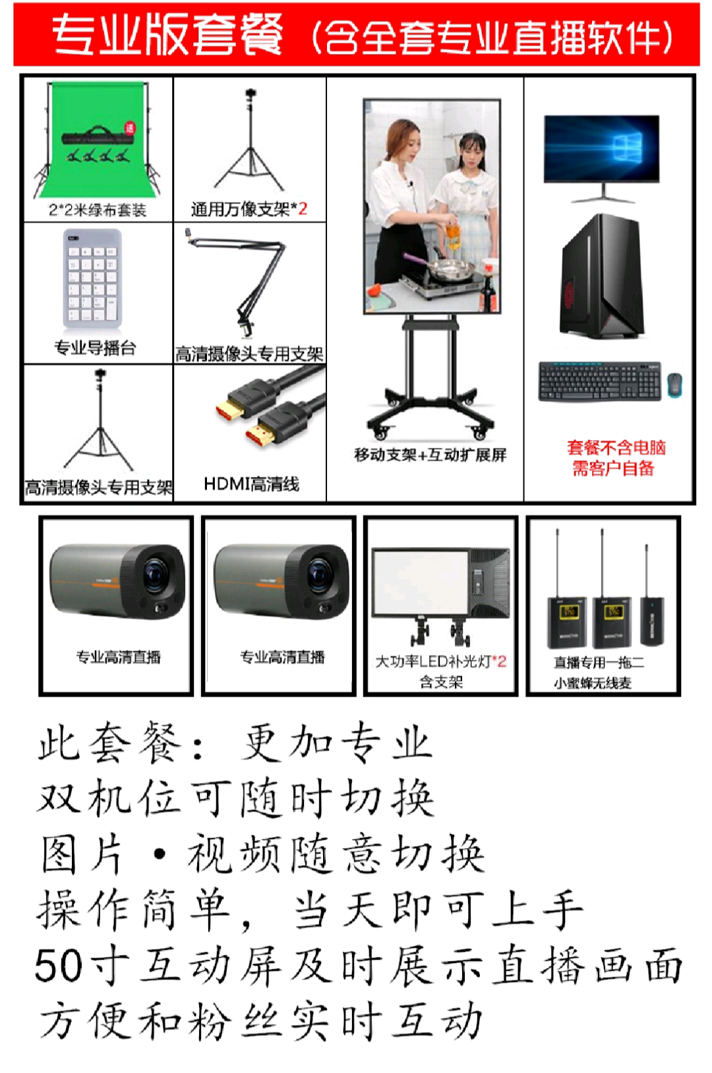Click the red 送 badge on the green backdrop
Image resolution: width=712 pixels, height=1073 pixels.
coord(130,128)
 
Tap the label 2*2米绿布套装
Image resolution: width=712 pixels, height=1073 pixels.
coord(98,210)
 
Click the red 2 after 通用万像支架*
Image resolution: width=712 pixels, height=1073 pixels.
coord(303,208)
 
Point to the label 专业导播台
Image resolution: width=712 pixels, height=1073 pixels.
coord(95,348)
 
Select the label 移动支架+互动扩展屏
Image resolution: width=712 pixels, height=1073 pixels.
coord(430,455)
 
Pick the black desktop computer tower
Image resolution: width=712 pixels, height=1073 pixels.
coord(602,276)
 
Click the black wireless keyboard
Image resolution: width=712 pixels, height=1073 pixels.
coord(599,381)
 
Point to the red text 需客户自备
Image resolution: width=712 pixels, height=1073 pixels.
coord(613,468)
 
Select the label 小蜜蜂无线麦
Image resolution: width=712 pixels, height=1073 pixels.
coord(593,683)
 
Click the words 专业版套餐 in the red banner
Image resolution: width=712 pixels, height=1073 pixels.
coord(167,34)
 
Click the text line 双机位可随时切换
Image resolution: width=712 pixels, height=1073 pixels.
coord(236,797)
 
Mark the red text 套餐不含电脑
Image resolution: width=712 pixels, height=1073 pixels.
coord(616,448)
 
